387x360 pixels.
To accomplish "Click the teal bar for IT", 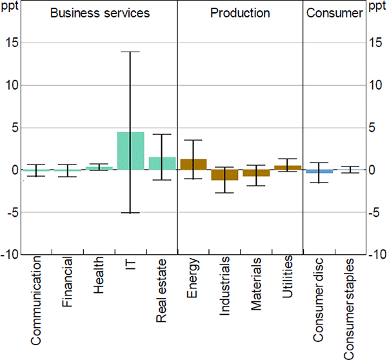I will coord(130,151).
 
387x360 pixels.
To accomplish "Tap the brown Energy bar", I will coord(193,165).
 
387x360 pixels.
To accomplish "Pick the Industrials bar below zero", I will coord(224,175).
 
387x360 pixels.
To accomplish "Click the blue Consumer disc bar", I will coord(319,172).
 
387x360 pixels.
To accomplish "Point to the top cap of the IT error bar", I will coord(130,52).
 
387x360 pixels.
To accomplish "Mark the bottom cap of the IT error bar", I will coord(130,213).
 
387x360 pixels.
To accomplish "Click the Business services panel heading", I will coord(100,13).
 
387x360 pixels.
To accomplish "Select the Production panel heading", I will coord(239,13).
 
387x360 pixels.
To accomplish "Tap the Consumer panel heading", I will coord(334,13).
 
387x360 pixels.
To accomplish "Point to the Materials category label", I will coord(256,284).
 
